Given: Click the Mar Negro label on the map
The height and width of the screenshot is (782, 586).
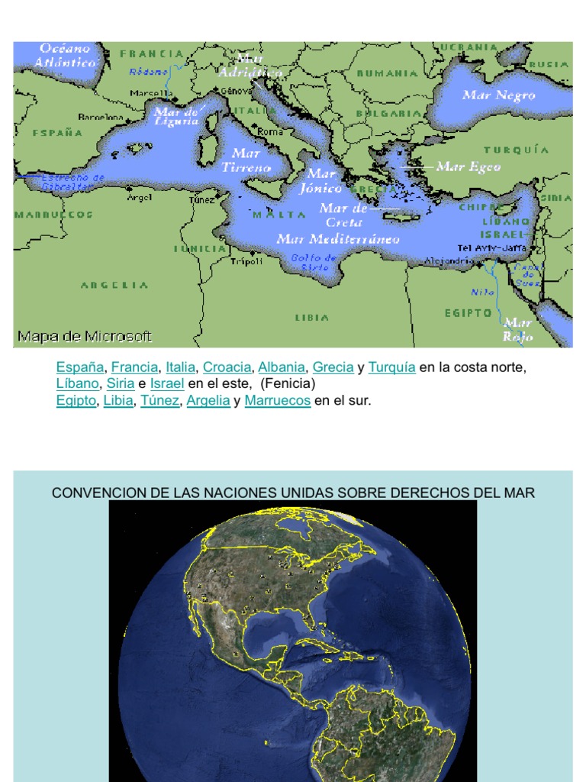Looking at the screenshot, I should pyautogui.click(x=499, y=95).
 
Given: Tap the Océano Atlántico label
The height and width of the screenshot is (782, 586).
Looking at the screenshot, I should pyautogui.click(x=68, y=56).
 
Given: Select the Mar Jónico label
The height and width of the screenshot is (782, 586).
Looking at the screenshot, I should pyautogui.click(x=321, y=181).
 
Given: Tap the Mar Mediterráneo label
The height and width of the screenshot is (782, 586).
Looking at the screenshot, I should pyautogui.click(x=338, y=239).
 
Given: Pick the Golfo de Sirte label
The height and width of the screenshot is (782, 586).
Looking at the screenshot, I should pyautogui.click(x=314, y=263).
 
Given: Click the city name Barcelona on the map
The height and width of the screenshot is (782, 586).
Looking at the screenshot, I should pyautogui.click(x=101, y=118).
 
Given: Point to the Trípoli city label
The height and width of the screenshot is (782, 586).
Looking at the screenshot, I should pyautogui.click(x=246, y=261).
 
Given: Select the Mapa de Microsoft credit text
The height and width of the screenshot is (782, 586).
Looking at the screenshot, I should pyautogui.click(x=85, y=336).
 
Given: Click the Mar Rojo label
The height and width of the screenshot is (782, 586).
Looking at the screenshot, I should pyautogui.click(x=518, y=329).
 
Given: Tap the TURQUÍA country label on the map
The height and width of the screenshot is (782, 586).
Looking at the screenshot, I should pyautogui.click(x=516, y=150).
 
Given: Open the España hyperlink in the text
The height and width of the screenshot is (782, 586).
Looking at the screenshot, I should pyautogui.click(x=80, y=367).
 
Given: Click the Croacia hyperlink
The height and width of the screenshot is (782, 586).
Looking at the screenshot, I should pyautogui.click(x=227, y=367).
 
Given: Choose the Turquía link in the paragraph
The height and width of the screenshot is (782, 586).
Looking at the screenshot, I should pyautogui.click(x=391, y=367).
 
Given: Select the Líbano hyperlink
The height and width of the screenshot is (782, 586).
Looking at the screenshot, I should pyautogui.click(x=77, y=383).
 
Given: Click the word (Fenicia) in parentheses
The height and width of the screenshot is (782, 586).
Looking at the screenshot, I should pyautogui.click(x=287, y=383).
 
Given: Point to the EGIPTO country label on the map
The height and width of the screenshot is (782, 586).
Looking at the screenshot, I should pyautogui.click(x=468, y=312).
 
